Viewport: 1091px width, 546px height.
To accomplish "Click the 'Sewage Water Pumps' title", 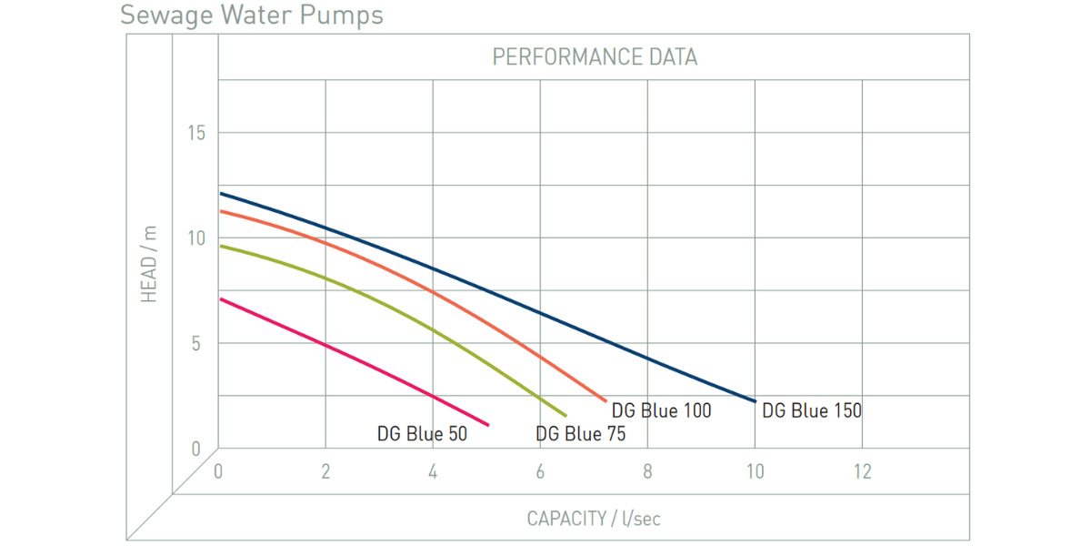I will point(252,15).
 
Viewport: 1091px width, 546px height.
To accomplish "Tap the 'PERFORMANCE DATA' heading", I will point(595,57).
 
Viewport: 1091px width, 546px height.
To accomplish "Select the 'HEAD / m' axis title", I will point(149,264).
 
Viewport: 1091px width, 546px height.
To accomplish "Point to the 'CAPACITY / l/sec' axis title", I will point(594,519).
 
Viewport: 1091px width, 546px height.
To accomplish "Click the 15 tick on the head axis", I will point(196,133).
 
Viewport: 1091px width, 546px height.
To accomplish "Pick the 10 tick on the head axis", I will point(196,238).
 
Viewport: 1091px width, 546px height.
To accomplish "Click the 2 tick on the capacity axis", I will point(325,471).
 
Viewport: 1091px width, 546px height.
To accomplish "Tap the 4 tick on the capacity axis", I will point(433,471).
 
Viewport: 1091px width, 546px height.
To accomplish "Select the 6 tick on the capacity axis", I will point(540,471).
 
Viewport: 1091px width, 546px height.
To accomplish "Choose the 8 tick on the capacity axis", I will point(647,471).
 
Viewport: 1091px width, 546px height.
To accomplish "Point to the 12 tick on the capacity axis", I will point(862,471).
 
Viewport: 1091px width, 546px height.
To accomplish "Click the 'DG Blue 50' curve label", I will point(422,434).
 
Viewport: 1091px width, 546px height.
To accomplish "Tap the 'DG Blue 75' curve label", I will point(581,434).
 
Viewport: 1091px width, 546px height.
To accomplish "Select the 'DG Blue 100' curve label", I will point(661,410).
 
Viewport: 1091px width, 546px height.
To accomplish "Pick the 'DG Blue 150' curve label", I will point(811,410).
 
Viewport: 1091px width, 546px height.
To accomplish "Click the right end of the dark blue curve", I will point(755,401).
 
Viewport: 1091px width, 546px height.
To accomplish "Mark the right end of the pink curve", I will point(488,425).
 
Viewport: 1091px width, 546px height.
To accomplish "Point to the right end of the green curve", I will point(566,416).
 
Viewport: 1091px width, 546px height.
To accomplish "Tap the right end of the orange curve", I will point(606,400).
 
